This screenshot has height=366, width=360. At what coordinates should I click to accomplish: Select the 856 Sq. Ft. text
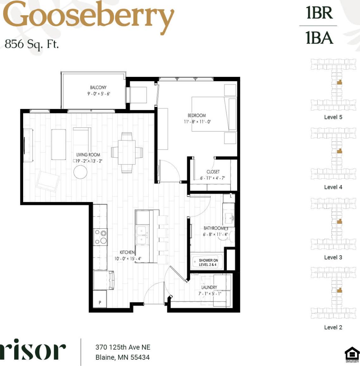[32, 44]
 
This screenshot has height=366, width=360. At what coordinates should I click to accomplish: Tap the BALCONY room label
[98, 87]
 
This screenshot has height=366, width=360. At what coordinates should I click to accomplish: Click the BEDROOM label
[197, 115]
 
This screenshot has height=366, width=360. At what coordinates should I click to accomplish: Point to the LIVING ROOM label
[88, 155]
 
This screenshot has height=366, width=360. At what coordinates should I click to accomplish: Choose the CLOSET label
[213, 172]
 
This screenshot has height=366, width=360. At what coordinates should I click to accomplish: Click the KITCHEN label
[127, 252]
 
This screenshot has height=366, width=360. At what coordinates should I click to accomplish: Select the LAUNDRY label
[209, 287]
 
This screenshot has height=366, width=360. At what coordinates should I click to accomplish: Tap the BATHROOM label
[214, 228]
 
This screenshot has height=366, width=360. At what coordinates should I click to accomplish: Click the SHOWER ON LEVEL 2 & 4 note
[208, 263]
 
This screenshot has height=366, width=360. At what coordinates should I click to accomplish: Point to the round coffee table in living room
[80, 172]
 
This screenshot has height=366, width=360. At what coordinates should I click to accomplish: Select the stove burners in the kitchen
[101, 237]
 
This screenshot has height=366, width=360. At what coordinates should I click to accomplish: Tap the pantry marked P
[100, 302]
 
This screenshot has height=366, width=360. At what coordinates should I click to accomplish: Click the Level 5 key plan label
[333, 117]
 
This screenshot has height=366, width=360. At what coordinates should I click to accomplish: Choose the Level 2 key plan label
[333, 327]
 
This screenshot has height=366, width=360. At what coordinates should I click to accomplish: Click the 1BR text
[319, 13]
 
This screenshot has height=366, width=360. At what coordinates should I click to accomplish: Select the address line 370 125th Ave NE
[123, 347]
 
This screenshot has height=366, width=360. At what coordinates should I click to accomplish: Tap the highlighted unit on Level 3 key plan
[339, 221]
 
